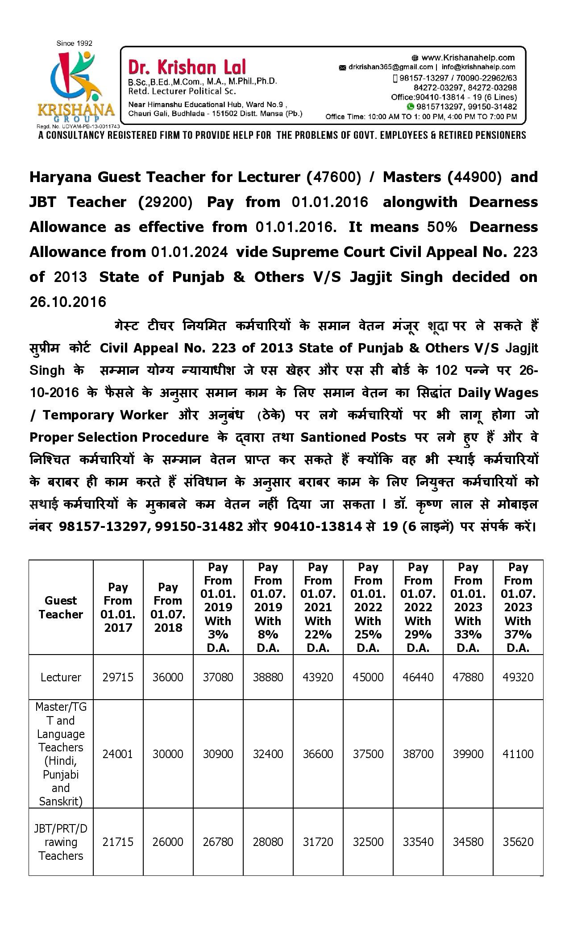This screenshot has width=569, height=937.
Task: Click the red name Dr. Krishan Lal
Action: pyautogui.click(x=187, y=67)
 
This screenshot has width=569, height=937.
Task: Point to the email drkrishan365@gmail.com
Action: pyautogui.click(x=386, y=67)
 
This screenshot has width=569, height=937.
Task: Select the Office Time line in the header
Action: pyautogui.click(x=421, y=117)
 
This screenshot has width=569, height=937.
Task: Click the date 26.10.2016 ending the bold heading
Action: pyautogui.click(x=68, y=302)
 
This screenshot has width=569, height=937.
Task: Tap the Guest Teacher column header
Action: pyautogui.click(x=61, y=607)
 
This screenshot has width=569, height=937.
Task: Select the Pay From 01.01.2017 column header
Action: pyautogui.click(x=118, y=607)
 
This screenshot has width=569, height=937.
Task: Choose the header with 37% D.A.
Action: pyautogui.click(x=518, y=607)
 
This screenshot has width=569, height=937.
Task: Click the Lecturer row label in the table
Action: pyautogui.click(x=61, y=677)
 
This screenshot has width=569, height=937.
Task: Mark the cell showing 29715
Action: pyautogui.click(x=118, y=677)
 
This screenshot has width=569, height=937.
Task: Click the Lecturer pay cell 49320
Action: pyautogui.click(x=518, y=677)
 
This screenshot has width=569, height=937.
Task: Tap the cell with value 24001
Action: pyautogui.click(x=118, y=754)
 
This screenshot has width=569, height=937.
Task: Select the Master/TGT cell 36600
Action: pyautogui.click(x=318, y=754)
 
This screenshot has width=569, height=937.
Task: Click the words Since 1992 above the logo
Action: pyautogui.click(x=74, y=43)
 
